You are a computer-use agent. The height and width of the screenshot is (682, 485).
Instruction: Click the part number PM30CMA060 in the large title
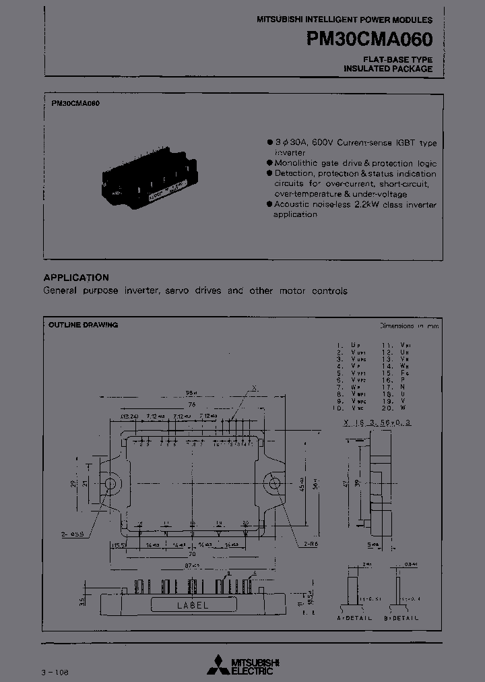coord(370,39)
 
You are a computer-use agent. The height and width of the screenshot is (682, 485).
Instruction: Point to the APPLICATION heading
coord(76,278)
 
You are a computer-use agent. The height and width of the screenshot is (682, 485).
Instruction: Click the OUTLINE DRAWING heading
coord(84,325)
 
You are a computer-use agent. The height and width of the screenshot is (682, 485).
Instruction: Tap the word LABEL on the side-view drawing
coord(193,605)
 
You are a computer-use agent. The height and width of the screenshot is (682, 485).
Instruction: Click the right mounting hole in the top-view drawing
coord(273,483)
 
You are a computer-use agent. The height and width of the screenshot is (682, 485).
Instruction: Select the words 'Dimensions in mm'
coord(409,325)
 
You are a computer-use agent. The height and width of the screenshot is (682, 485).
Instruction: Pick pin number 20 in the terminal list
coord(387,408)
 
